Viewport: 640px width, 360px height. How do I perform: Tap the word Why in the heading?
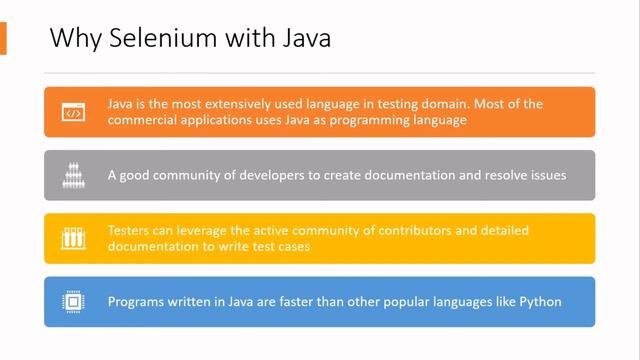point(72,39)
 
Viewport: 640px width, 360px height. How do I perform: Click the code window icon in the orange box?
point(72,112)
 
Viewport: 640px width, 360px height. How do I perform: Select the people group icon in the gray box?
point(72,175)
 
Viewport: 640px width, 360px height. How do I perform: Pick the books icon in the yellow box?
point(72,238)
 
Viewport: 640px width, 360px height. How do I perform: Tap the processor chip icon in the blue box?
point(72,301)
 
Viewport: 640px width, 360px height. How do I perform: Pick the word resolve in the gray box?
point(493,175)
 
